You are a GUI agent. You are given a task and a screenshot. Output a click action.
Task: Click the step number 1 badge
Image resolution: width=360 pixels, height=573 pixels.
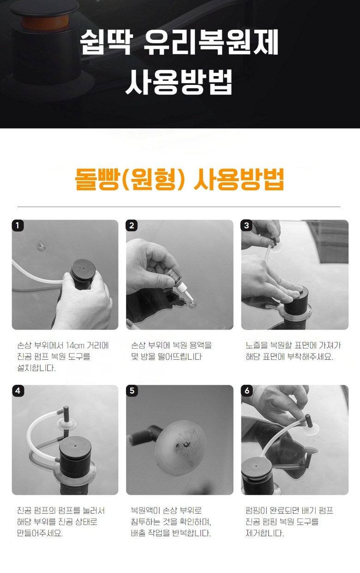[x=18, y=226]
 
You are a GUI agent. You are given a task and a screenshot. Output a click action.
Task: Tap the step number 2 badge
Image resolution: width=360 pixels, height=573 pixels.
[x=132, y=226]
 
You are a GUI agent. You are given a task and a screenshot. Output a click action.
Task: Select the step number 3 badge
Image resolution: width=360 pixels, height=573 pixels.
[x=246, y=225]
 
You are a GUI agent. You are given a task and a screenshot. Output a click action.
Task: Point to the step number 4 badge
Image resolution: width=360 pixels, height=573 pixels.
[x=18, y=391]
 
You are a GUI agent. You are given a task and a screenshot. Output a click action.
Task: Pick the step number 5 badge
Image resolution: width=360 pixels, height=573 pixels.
[x=132, y=391]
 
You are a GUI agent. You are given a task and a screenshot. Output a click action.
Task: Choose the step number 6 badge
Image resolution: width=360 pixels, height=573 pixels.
[x=247, y=391]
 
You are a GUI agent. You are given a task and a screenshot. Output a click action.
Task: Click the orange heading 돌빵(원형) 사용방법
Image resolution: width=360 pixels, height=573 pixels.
[x=180, y=179]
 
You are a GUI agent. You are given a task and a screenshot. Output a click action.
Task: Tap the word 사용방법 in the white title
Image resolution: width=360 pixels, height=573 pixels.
[x=179, y=82]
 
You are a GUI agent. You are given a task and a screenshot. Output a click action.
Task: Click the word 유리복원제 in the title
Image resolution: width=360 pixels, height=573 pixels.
[x=211, y=42]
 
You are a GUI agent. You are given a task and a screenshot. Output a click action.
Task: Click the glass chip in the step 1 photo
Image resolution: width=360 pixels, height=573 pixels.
[x=41, y=246]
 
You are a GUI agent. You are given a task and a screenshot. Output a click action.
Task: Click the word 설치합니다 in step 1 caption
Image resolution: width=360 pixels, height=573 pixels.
[x=36, y=368]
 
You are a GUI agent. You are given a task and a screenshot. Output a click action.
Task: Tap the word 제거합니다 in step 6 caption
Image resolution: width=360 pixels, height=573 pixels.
[x=265, y=533]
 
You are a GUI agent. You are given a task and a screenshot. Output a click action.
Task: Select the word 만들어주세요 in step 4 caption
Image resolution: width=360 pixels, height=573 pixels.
[x=40, y=533]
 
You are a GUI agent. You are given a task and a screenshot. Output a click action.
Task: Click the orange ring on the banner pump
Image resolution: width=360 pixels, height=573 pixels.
[x=45, y=22]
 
